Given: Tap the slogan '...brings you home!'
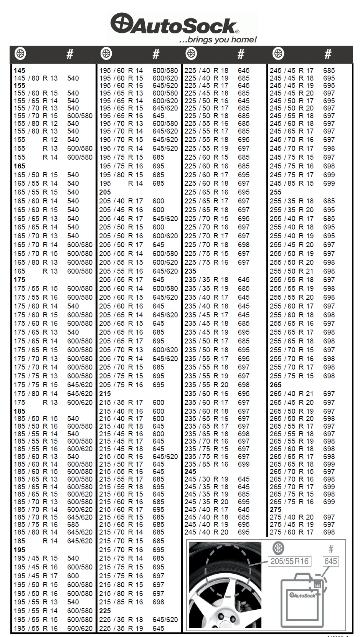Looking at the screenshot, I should click(x=218, y=40).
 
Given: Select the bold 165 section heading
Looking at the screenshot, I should click(x=20, y=166).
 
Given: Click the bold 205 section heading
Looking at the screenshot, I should click(x=105, y=192).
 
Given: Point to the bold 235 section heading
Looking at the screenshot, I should click(x=190, y=271).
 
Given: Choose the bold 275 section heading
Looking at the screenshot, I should click(x=276, y=510).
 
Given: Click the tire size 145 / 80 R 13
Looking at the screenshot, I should click(x=36, y=78).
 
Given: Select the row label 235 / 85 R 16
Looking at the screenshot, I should click(x=206, y=464).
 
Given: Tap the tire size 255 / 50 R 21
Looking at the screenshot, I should click(x=291, y=271).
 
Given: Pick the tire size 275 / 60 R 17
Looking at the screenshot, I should click(x=291, y=532).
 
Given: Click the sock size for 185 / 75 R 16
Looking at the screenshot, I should click(x=73, y=525).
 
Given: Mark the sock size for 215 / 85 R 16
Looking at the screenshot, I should click(x=159, y=602).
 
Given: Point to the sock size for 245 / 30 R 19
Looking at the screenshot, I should click(x=244, y=479).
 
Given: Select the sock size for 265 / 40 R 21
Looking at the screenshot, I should click(x=329, y=394).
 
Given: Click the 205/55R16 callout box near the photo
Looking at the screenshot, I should click(x=289, y=561).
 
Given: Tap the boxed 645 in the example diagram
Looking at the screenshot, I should click(x=330, y=561).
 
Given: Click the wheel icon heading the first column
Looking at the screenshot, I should click(x=20, y=54).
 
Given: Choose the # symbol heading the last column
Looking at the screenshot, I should click(x=328, y=54).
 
